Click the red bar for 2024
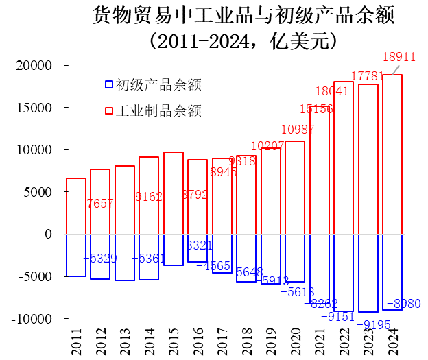point(392,154)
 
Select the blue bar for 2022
point(344,273)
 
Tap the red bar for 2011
point(75,206)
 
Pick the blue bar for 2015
point(173,250)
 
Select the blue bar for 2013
point(124,257)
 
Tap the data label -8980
point(403,304)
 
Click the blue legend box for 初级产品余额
point(108,85)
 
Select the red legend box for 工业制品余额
point(108,110)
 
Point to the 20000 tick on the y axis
point(35,66)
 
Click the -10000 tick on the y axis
point(32,319)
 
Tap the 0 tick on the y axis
point(48,235)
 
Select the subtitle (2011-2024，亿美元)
point(243,41)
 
